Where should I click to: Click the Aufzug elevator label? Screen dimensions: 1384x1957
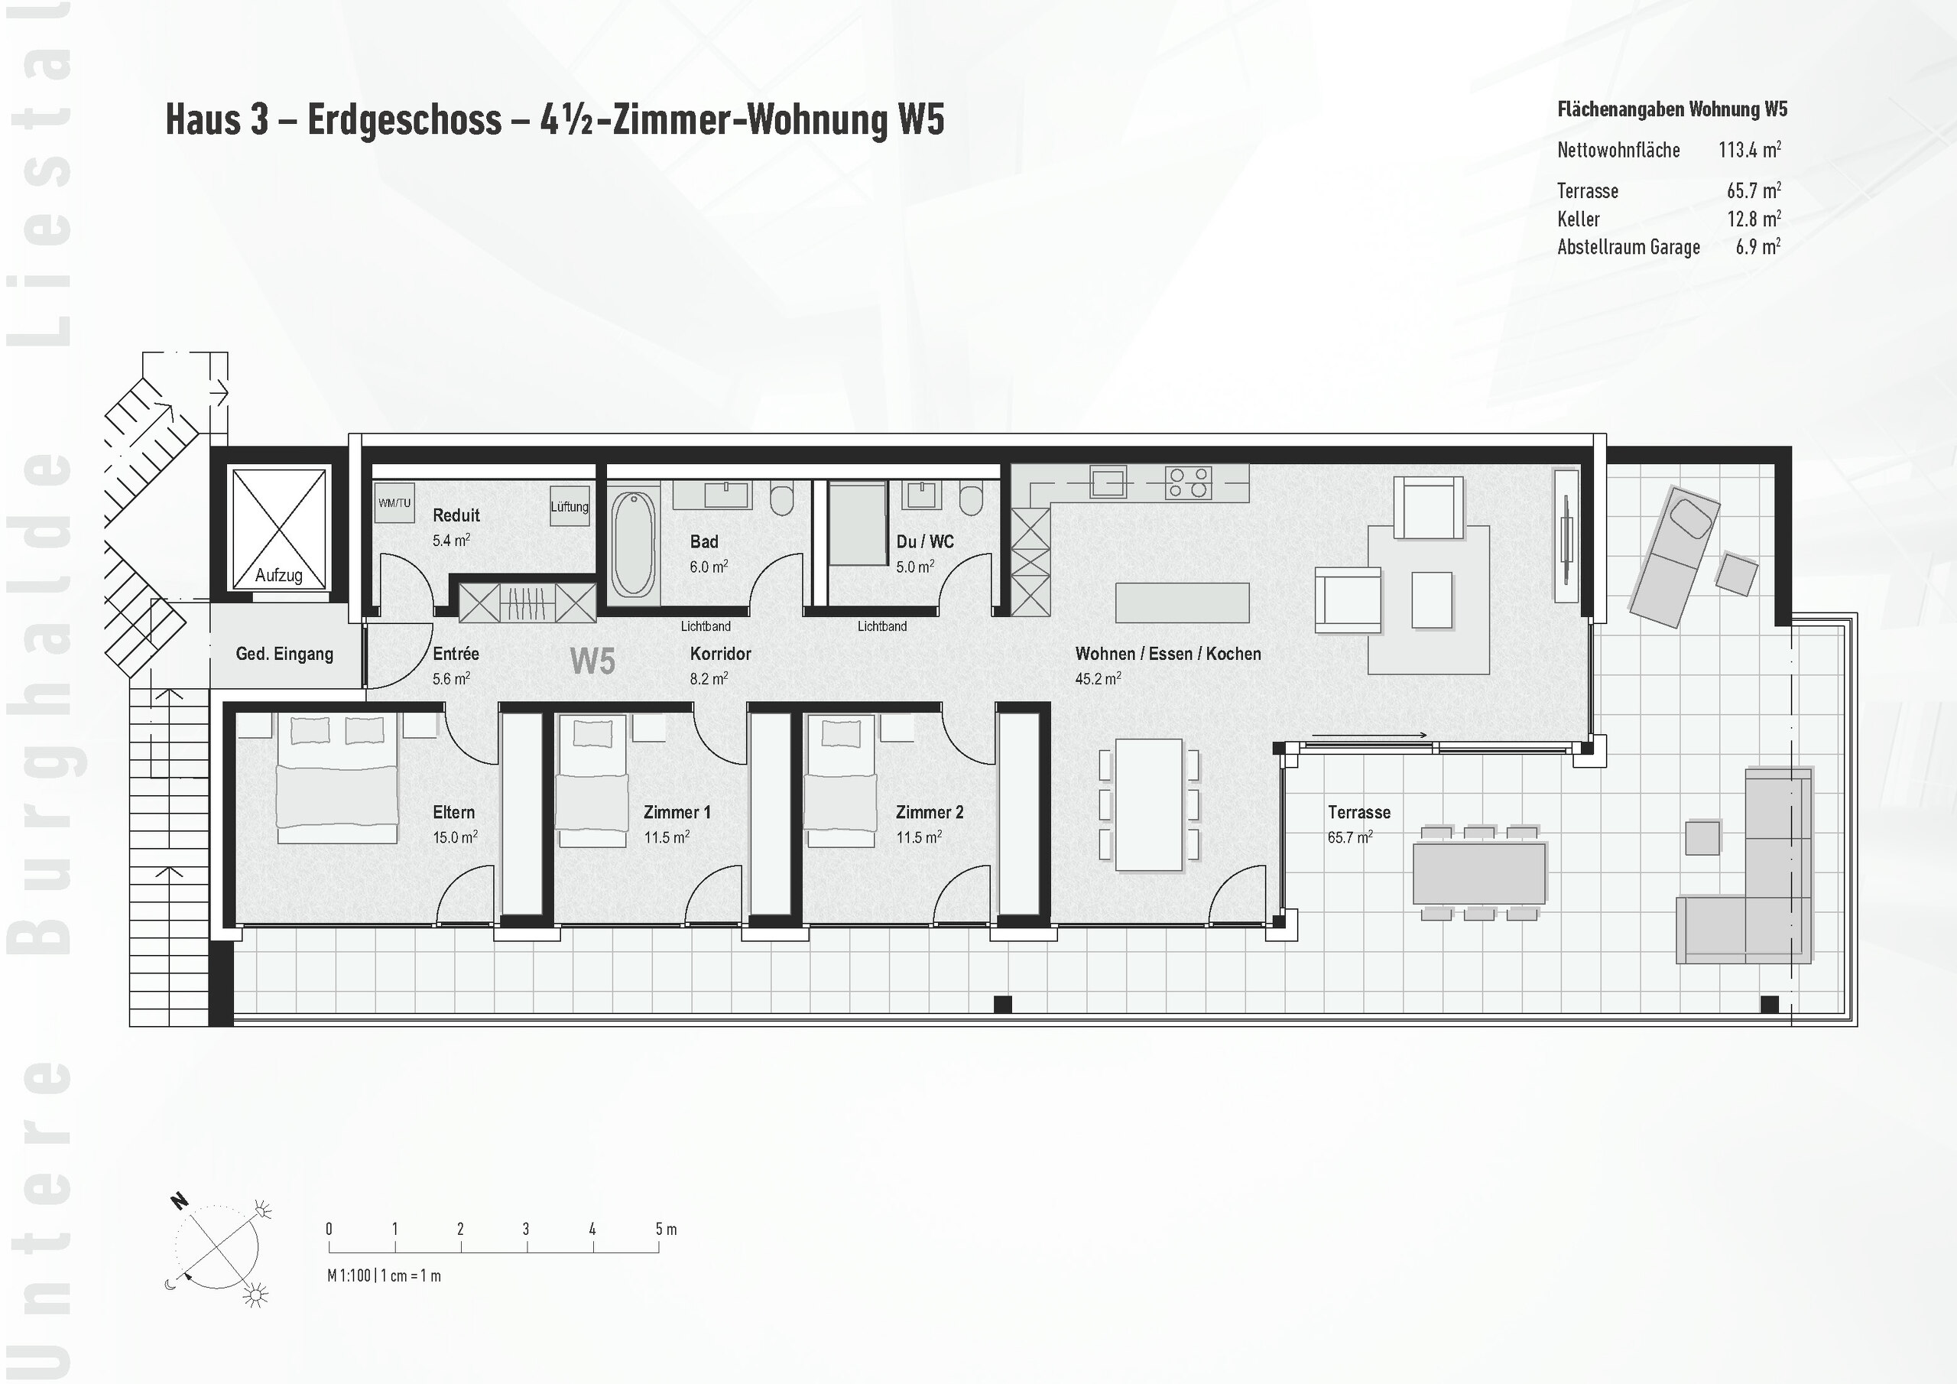click(279, 576)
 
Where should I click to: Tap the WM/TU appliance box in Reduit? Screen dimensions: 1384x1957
click(394, 503)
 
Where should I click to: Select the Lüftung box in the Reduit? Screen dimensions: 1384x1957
click(570, 506)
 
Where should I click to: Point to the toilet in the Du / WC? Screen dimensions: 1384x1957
click(969, 498)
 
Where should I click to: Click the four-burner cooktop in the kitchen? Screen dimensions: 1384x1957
click(1189, 482)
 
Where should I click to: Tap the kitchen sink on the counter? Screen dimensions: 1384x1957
click(1108, 482)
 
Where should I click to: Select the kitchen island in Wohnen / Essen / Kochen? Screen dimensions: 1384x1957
click(1182, 602)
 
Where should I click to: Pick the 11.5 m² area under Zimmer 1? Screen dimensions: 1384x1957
click(667, 837)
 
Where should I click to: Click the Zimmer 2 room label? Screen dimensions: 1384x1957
click(929, 813)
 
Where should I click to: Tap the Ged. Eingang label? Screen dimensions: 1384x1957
click(284, 654)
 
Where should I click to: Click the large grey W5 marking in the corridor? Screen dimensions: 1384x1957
click(592, 661)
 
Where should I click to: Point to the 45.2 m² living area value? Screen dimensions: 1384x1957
click(1098, 679)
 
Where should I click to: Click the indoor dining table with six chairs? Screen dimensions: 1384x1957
click(1148, 804)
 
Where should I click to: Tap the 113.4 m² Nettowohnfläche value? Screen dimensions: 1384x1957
click(1749, 150)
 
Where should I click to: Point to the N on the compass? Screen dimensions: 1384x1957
click(179, 1200)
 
